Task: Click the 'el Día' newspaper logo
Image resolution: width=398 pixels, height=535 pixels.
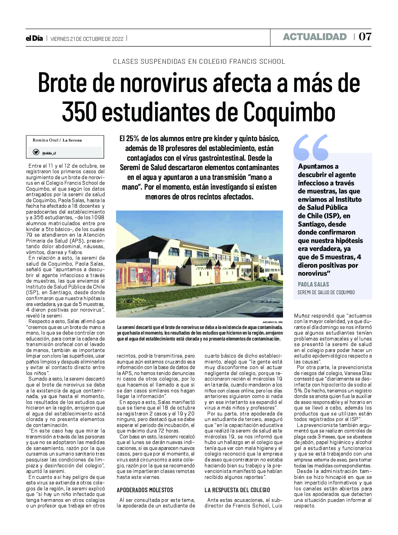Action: pyautogui.click(x=34, y=38)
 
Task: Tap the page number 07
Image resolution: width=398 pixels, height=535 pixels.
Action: pyautogui.click(x=365, y=37)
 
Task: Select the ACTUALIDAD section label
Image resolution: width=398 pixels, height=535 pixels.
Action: pyautogui.click(x=314, y=37)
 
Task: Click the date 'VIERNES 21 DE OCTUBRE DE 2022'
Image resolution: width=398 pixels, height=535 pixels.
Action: pyautogui.click(x=87, y=39)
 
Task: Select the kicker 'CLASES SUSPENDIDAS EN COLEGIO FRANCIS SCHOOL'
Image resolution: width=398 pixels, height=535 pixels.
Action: pyautogui.click(x=199, y=62)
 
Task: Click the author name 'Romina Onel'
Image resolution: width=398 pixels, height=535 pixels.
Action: pyautogui.click(x=45, y=140)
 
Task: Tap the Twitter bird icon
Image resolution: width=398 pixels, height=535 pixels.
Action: pyautogui.click(x=36, y=152)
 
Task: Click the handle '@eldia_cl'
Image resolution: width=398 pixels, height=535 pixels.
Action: pyautogui.click(x=49, y=153)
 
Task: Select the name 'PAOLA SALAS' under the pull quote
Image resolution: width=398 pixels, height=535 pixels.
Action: pyautogui.click(x=313, y=284)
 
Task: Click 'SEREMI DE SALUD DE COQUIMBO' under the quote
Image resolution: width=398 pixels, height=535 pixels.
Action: pyautogui.click(x=326, y=292)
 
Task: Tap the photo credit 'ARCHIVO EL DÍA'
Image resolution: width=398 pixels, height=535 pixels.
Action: pyautogui.click(x=273, y=322)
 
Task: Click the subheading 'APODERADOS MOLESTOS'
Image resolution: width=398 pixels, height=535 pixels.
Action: pyautogui.click(x=145, y=490)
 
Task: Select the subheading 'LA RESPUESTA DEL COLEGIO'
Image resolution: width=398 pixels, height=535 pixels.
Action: pyautogui.click(x=237, y=490)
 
